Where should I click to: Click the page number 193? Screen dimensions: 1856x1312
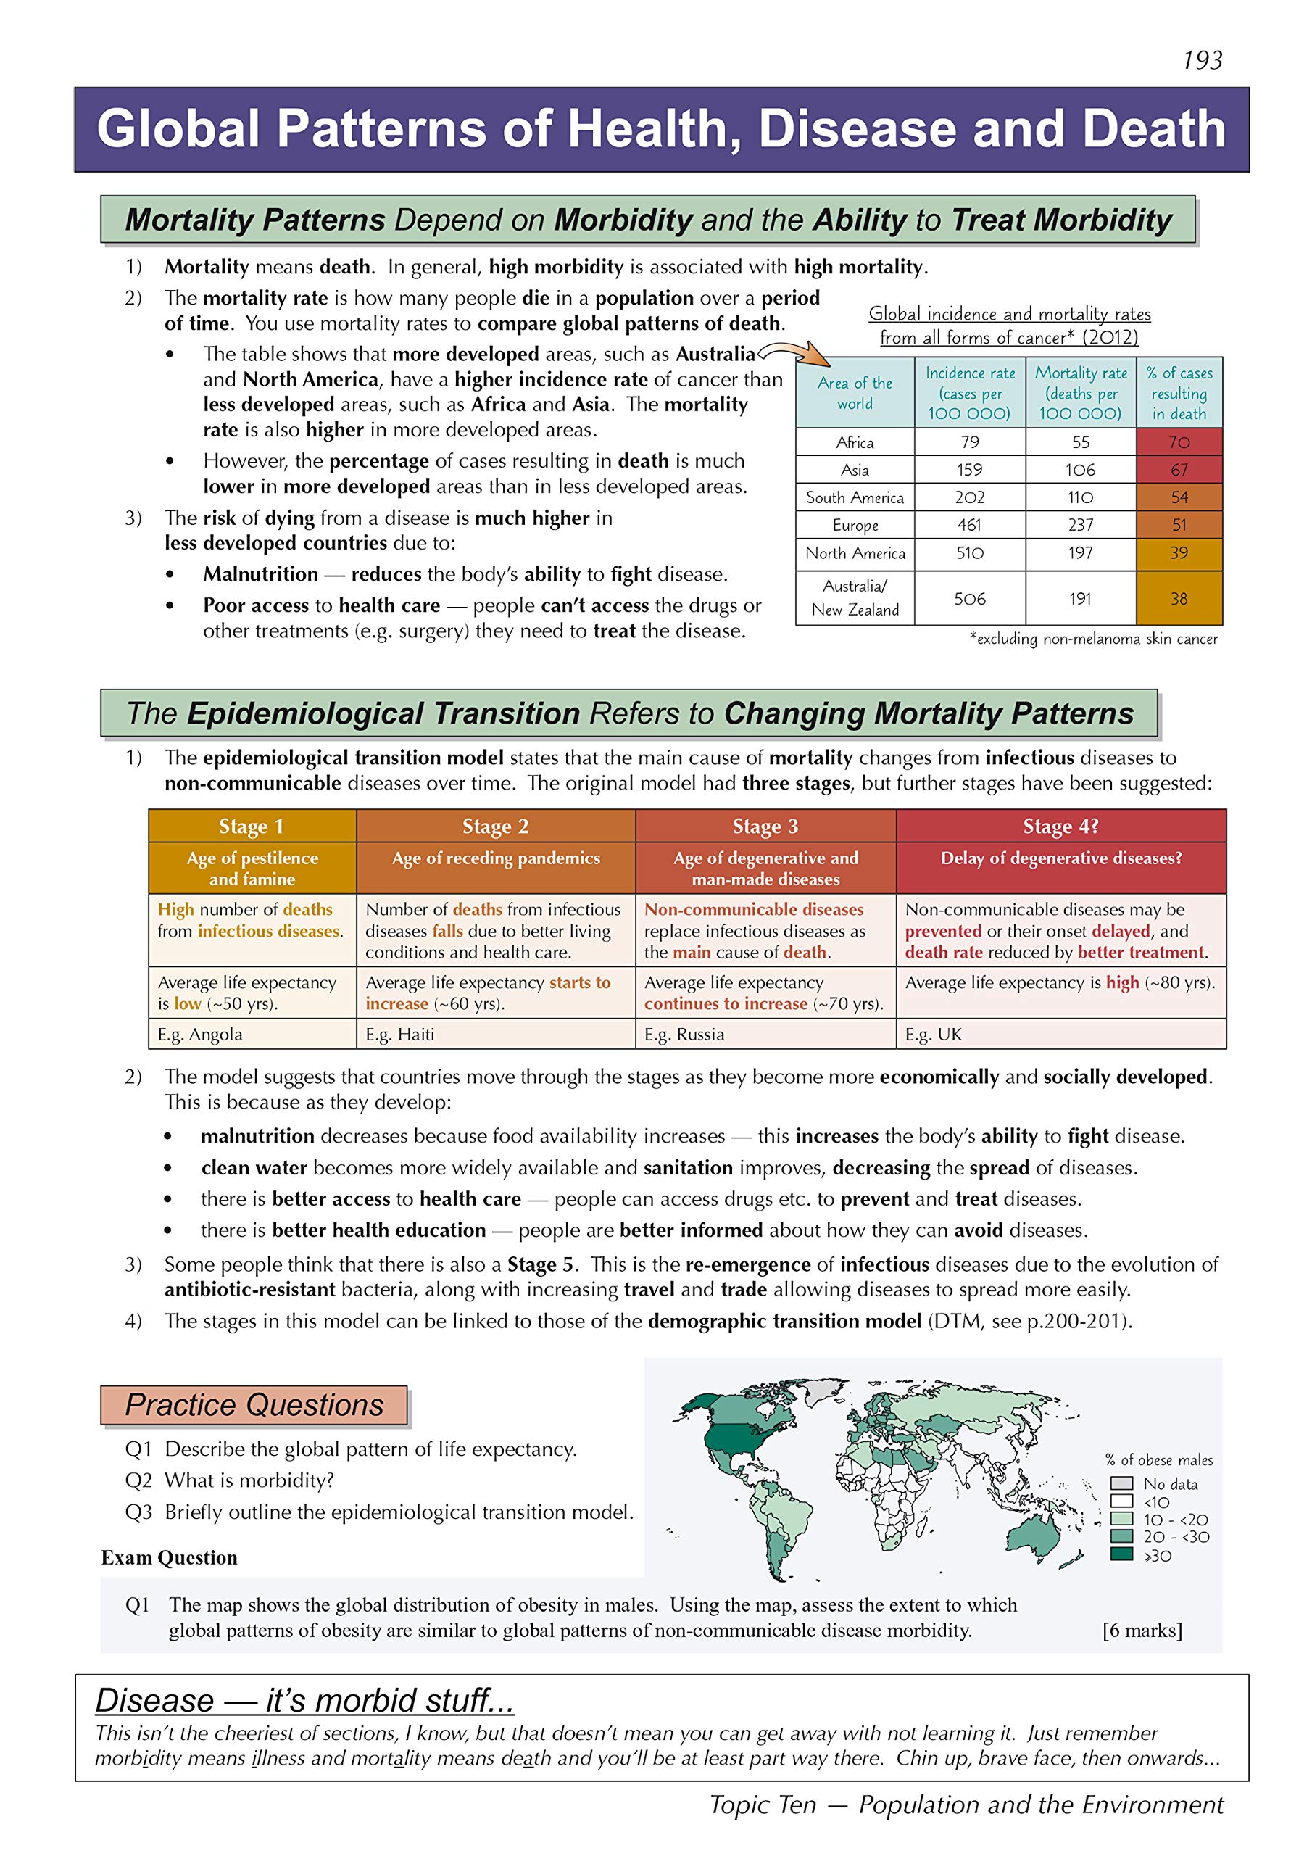tap(1202, 61)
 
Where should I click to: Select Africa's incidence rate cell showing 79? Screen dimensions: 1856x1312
tap(969, 442)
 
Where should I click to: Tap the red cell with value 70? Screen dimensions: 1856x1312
tap(1179, 442)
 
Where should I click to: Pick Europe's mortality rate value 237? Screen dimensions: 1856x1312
tap(1080, 526)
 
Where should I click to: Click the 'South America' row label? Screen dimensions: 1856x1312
tap(855, 498)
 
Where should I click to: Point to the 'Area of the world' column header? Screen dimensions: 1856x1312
tap(855, 393)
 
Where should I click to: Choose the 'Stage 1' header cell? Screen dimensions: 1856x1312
tap(252, 826)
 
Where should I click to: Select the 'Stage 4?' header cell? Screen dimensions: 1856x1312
tap(1060, 826)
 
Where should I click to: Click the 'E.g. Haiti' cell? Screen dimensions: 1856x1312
tap(400, 1034)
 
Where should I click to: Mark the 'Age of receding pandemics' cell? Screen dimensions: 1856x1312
tap(496, 858)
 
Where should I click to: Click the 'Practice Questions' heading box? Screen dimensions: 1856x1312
tap(254, 1405)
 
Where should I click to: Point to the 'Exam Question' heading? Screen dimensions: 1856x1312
tap(169, 1558)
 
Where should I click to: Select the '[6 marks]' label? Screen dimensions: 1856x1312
tap(1142, 1631)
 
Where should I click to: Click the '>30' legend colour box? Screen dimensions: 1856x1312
tap(1121, 1554)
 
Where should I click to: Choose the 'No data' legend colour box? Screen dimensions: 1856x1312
tap(1121, 1483)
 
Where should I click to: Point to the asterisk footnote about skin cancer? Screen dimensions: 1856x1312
tap(1093, 639)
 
